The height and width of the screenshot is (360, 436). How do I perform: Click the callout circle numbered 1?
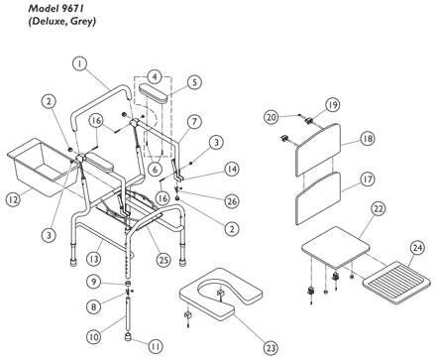click(79, 63)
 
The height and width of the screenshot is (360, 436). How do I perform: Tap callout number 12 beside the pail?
click(13, 199)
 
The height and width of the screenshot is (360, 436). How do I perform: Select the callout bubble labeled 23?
click(271, 347)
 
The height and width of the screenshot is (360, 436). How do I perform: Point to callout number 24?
click(417, 248)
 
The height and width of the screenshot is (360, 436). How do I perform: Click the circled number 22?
click(379, 208)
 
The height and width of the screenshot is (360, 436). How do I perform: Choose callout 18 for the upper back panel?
click(368, 138)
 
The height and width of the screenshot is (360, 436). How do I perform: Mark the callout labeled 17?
click(368, 180)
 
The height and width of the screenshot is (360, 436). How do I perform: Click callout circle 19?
click(332, 105)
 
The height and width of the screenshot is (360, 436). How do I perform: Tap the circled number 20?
click(271, 117)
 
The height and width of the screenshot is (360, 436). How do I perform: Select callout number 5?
click(194, 82)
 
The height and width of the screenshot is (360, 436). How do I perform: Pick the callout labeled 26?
click(232, 200)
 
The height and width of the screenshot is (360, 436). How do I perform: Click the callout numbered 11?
click(156, 346)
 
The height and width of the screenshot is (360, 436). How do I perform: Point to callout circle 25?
click(163, 260)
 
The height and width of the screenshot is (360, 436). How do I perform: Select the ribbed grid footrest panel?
click(396, 283)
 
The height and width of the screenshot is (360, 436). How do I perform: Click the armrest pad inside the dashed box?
click(154, 92)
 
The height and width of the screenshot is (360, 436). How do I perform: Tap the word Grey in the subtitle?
click(86, 22)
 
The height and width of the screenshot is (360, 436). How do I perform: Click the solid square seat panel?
click(336, 247)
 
